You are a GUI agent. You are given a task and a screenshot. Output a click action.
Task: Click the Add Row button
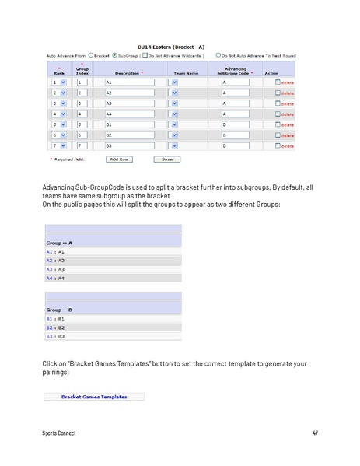point(119,159)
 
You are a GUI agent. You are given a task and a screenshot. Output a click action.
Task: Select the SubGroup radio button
point(115,55)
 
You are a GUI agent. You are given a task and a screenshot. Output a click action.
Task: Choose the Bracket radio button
point(90,55)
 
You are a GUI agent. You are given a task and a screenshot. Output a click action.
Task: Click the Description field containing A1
point(128,82)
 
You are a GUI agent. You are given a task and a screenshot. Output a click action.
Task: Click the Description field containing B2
point(128,135)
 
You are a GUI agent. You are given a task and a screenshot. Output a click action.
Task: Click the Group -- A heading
point(54,243)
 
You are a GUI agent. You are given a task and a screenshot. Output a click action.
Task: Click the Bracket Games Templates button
point(94,396)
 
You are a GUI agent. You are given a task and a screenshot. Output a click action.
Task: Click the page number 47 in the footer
point(315,433)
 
